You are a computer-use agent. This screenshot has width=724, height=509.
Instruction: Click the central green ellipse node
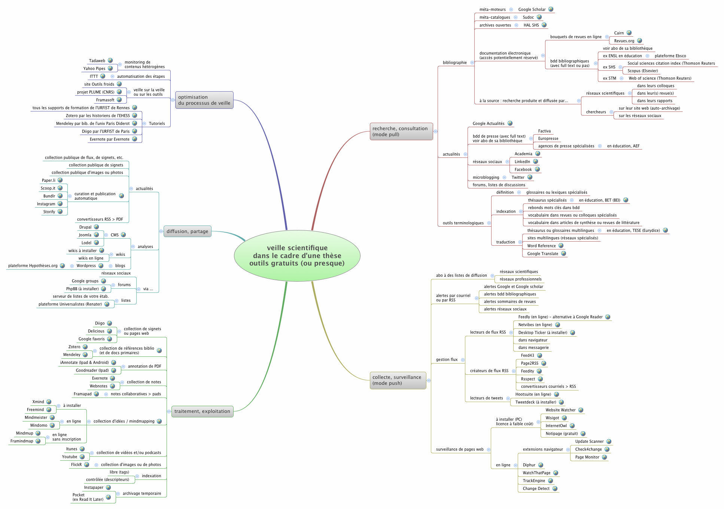click(297, 255)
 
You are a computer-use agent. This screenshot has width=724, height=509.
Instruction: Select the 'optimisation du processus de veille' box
click(204, 100)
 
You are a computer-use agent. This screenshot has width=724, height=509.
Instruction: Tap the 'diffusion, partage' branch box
click(187, 231)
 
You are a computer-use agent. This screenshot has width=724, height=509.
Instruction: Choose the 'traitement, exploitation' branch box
click(202, 411)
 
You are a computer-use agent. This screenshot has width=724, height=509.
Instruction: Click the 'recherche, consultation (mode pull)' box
click(401, 132)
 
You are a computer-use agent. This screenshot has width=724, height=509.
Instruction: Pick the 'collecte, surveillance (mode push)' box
click(398, 380)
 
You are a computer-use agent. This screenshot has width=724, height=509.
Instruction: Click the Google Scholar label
click(532, 10)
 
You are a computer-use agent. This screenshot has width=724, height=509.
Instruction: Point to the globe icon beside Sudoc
click(539, 17)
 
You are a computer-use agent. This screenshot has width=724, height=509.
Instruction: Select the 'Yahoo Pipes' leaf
click(94, 69)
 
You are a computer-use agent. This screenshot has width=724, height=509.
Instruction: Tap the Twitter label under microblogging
click(518, 178)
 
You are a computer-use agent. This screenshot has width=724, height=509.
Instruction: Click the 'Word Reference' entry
click(541, 246)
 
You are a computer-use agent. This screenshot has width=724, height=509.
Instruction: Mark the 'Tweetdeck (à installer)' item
click(536, 402)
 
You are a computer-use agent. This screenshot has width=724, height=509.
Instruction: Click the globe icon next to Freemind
click(49, 410)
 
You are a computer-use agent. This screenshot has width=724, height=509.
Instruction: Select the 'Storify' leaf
click(49, 212)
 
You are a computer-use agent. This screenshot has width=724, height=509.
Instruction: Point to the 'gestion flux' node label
click(447, 360)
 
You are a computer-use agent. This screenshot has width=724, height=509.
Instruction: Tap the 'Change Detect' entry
click(536, 489)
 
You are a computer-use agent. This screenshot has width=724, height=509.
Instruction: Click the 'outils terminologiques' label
click(463, 223)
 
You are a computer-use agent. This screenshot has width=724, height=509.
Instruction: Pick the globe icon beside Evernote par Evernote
click(134, 139)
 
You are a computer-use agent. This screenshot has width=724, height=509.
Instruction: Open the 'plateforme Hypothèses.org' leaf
click(33, 266)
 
